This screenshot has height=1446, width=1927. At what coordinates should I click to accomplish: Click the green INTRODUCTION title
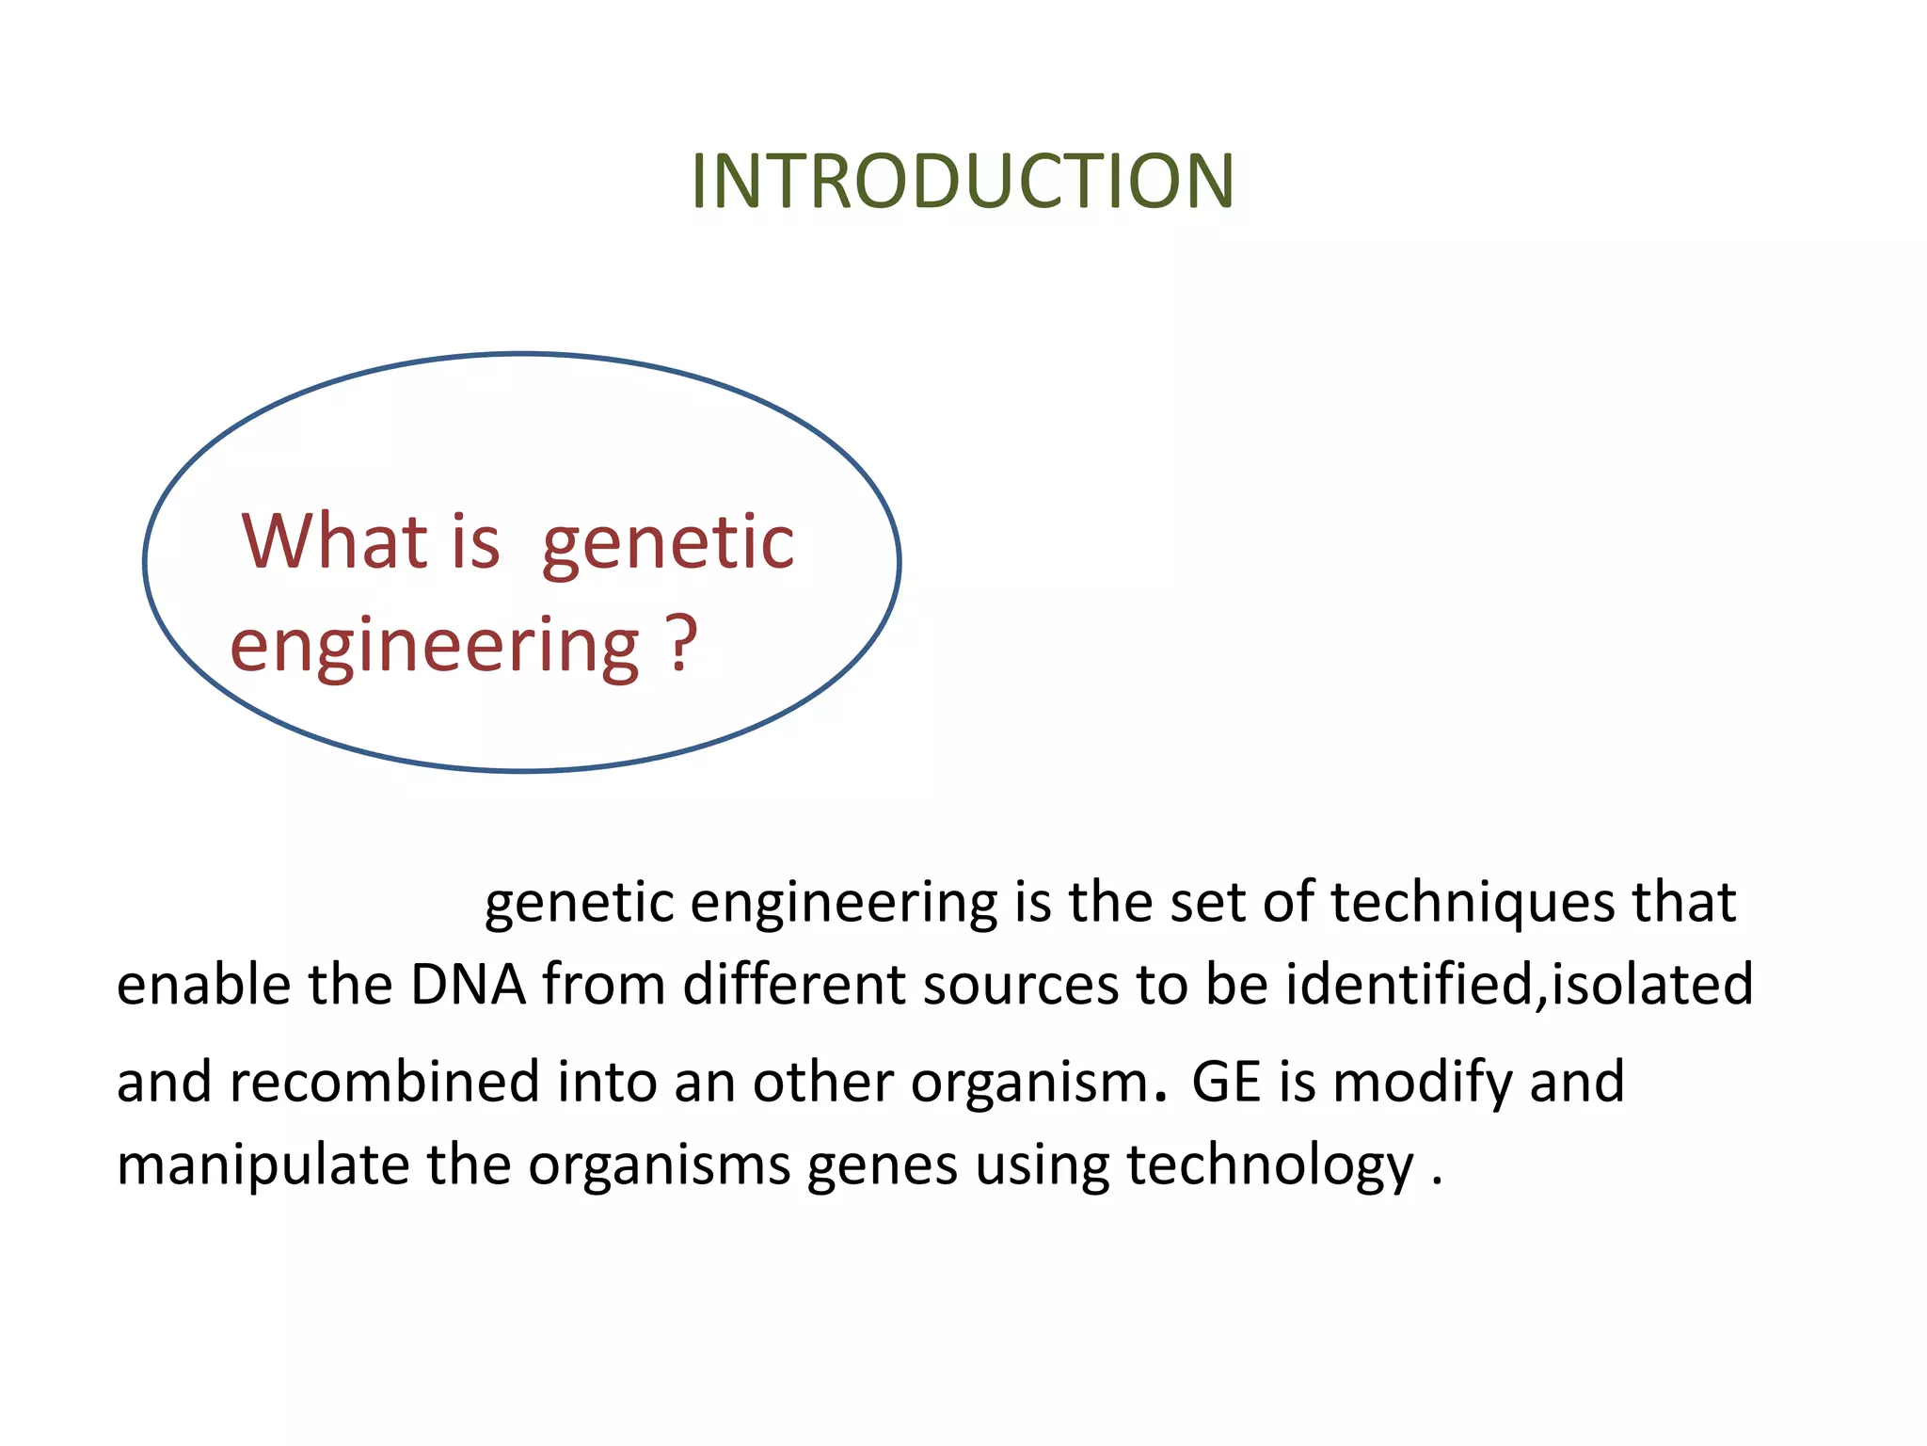[962, 181]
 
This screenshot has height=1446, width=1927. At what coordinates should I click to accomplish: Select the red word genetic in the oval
[668, 544]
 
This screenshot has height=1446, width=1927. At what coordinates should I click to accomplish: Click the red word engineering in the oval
[435, 647]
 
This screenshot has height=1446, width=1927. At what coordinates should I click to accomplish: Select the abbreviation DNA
[468, 985]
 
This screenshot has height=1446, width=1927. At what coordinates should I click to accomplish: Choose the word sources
[1020, 985]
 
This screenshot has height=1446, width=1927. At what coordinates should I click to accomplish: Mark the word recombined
[384, 1082]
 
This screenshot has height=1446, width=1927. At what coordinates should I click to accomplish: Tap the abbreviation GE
[1226, 1082]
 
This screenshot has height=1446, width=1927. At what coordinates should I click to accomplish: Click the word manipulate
[263, 1166]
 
